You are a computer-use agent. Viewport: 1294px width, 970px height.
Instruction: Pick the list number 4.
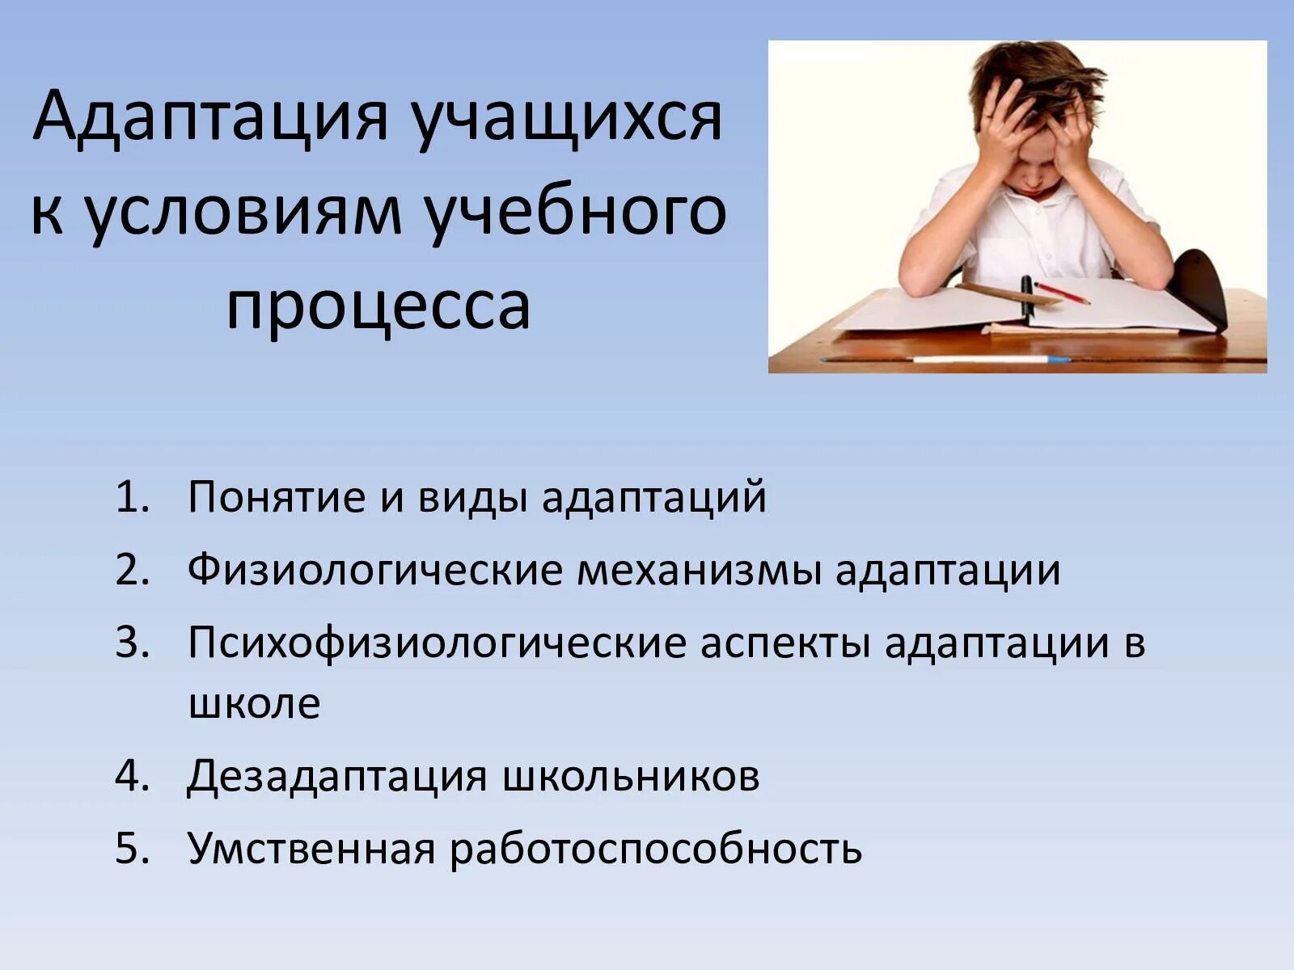click(x=132, y=776)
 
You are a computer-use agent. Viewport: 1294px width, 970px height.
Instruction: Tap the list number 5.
click(x=132, y=849)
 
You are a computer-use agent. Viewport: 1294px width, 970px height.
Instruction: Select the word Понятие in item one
click(x=275, y=498)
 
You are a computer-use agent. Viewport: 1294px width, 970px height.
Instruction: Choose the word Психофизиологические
click(x=437, y=644)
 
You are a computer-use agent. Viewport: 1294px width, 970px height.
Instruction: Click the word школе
click(x=254, y=703)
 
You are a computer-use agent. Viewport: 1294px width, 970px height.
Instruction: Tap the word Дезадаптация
click(x=337, y=777)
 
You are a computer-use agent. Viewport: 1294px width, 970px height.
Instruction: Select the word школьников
click(x=632, y=777)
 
